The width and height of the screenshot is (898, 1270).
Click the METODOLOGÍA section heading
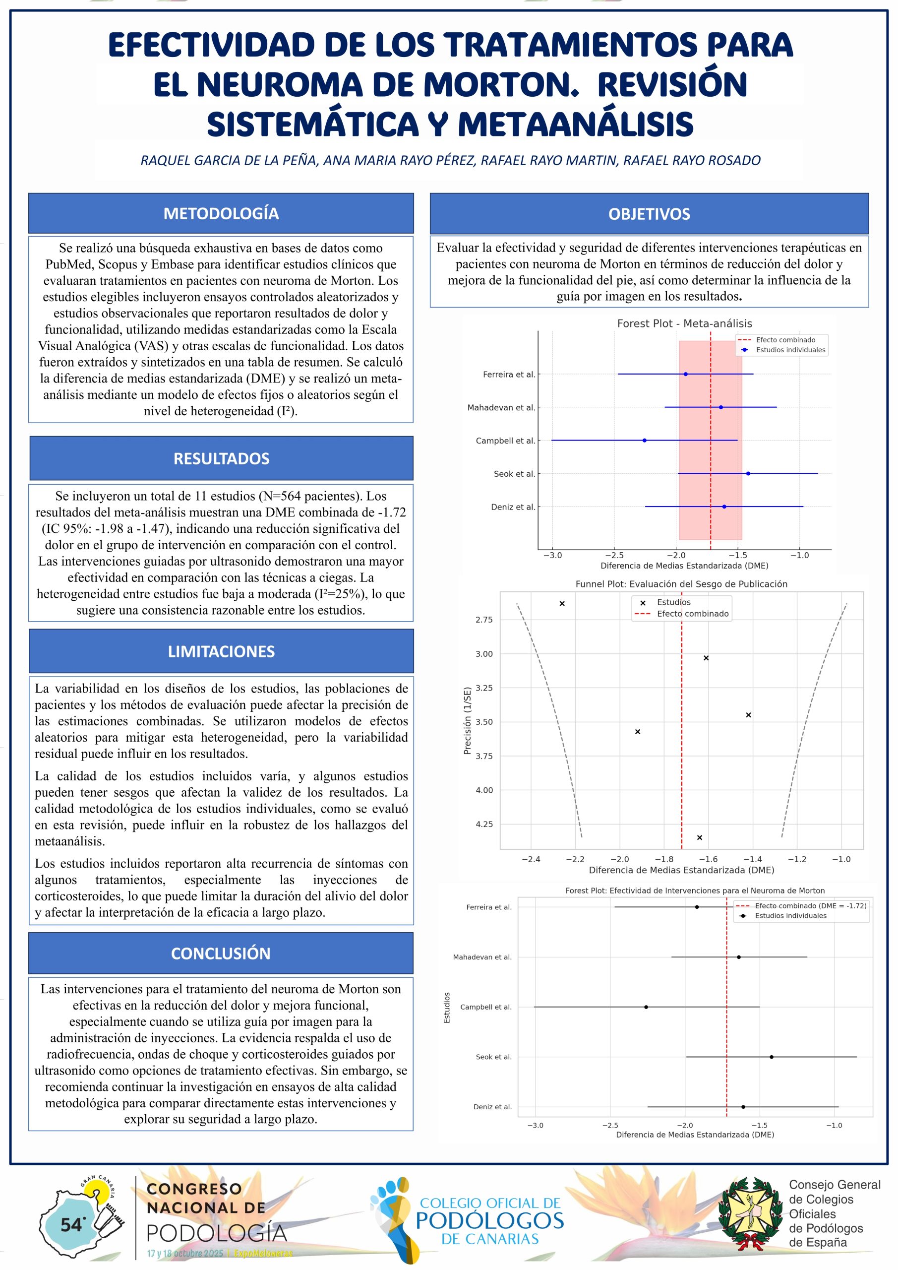coord(221,213)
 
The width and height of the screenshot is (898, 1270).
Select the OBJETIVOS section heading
coord(649,214)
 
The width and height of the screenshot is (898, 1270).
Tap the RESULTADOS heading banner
coord(221,458)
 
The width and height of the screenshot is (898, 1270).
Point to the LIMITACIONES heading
coord(221,651)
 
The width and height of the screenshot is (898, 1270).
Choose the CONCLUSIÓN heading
coord(221,953)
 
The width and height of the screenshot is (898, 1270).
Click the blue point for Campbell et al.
coord(644,441)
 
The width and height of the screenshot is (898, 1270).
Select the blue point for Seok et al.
coord(748,473)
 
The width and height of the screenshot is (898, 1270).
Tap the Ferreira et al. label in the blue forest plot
coord(509,375)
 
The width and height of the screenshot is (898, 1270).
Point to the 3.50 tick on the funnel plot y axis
coord(484,722)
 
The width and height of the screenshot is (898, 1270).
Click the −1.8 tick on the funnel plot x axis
coord(663,859)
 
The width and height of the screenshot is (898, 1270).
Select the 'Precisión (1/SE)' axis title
coord(467,720)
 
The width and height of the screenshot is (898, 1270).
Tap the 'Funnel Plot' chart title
coord(681,584)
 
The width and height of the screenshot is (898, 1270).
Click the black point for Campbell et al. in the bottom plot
coord(646,1007)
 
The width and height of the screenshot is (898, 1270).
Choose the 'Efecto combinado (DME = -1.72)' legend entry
coord(810,905)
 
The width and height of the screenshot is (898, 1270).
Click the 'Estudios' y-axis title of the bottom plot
coord(447,1007)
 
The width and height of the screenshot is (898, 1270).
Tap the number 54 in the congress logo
coord(71,1225)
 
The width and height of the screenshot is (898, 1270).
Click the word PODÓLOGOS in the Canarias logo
coord(489,1221)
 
